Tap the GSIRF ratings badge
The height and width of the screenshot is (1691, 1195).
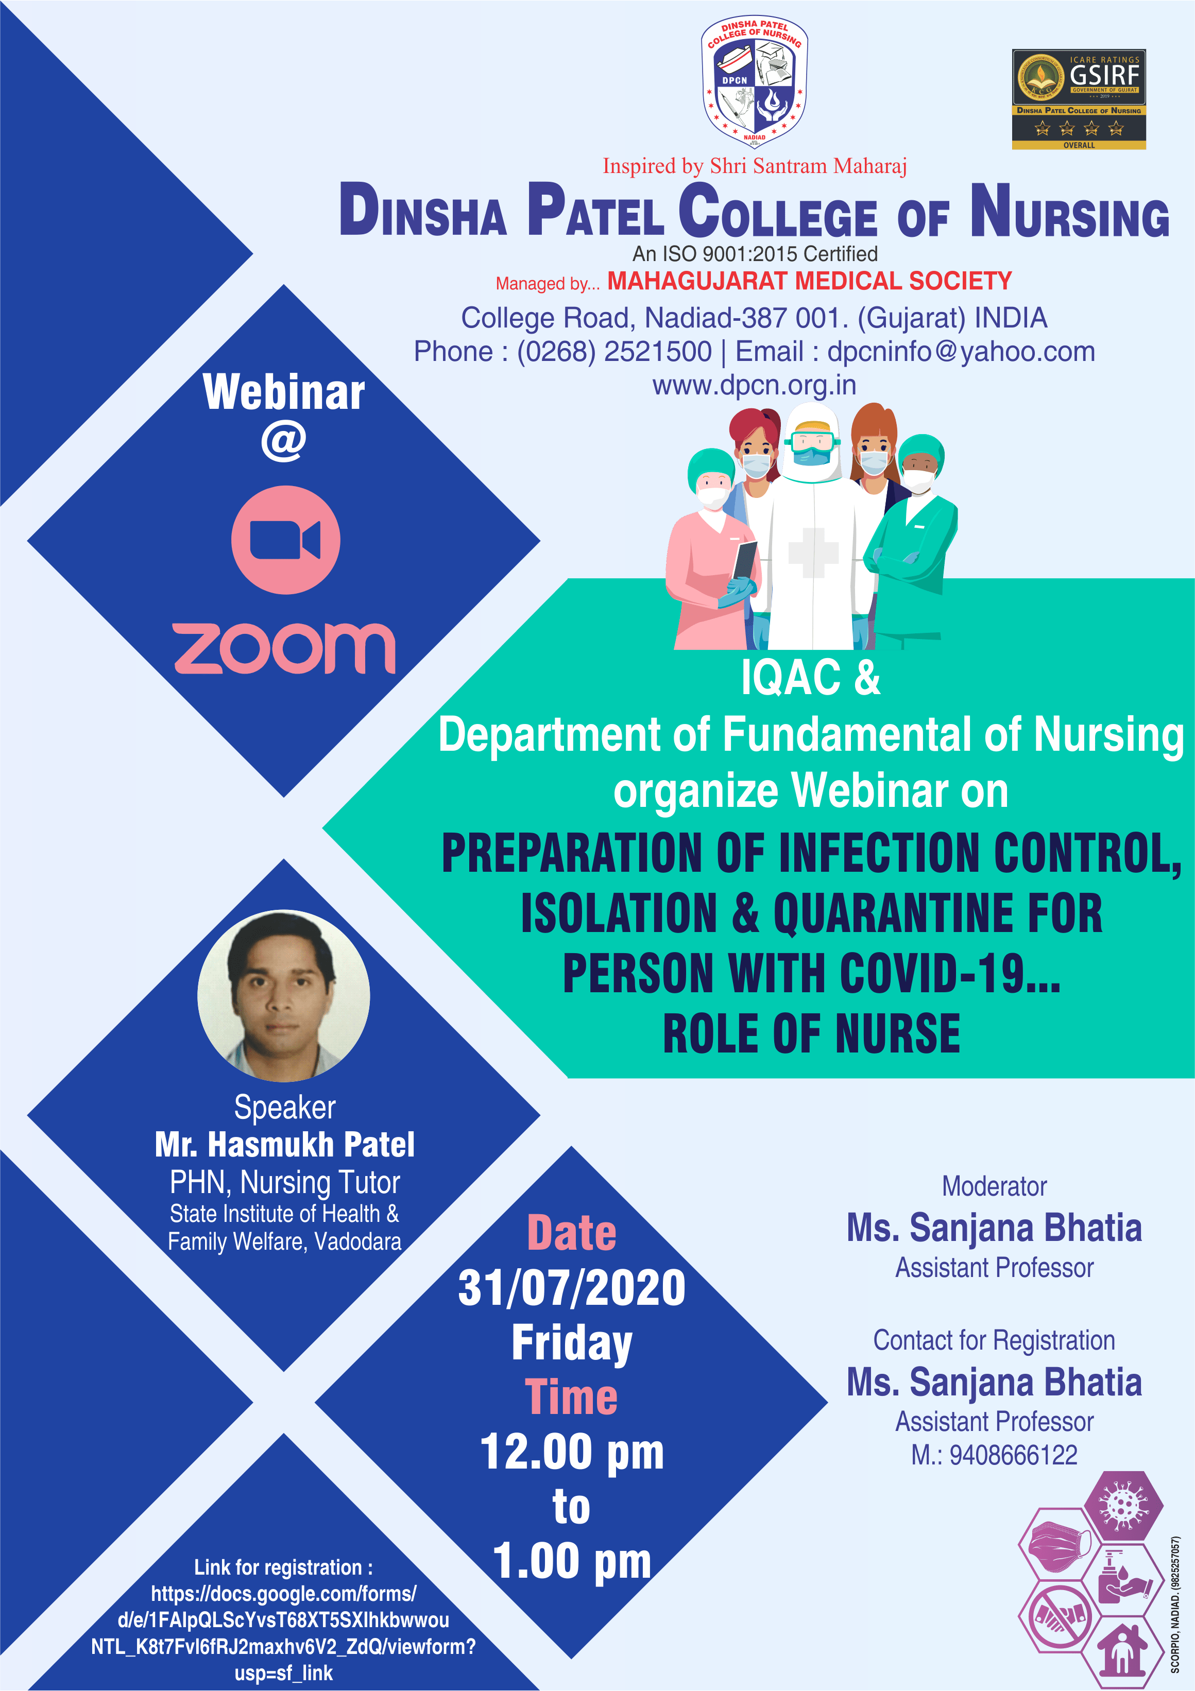[1079, 99]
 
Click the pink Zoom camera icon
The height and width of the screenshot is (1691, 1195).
[286, 540]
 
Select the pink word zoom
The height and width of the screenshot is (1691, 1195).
[284, 648]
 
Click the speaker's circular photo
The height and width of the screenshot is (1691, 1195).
[284, 996]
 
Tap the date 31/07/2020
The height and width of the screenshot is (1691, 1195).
[572, 1288]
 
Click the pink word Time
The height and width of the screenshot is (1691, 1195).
[572, 1397]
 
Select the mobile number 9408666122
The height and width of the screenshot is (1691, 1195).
[1013, 1455]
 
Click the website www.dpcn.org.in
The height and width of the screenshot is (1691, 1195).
[755, 385]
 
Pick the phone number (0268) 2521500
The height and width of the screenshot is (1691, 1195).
[614, 352]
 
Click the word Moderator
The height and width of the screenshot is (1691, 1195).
[994, 1186]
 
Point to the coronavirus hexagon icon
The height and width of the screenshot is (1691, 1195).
[1123, 1507]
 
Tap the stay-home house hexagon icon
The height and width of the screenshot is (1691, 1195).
[1123, 1650]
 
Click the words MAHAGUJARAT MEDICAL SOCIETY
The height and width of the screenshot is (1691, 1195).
[810, 281]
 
